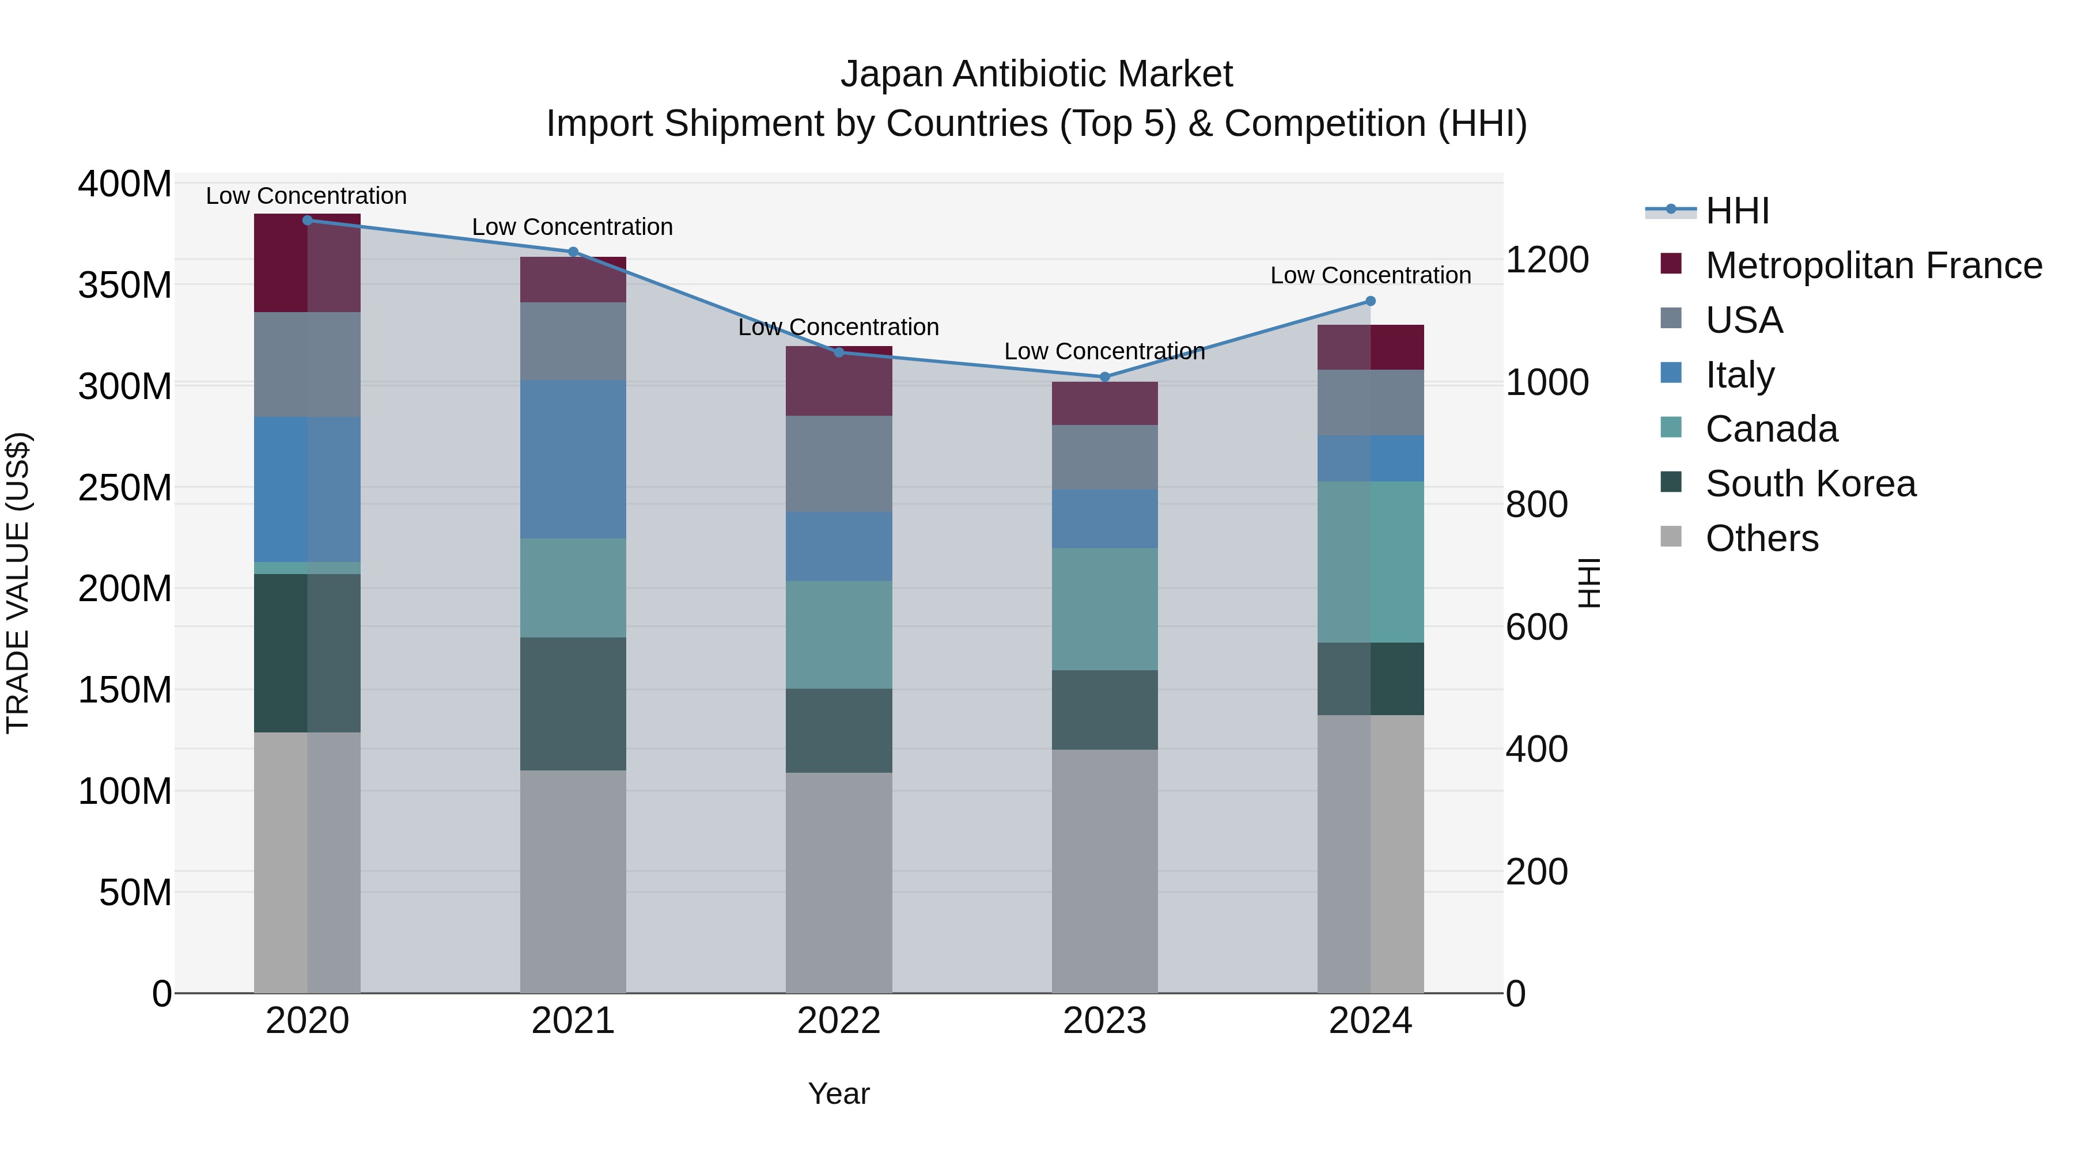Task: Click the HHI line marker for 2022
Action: click(x=838, y=352)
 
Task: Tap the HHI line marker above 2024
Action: click(x=1371, y=301)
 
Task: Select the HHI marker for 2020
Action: click(x=306, y=220)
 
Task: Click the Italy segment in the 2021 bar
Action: click(x=573, y=459)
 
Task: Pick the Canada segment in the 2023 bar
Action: click(x=1104, y=609)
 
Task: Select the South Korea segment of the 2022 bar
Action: click(x=838, y=730)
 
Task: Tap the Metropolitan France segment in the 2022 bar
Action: click(x=838, y=381)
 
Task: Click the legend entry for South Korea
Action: click(x=1810, y=484)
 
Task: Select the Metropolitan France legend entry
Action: click(x=1873, y=265)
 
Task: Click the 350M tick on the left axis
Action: click(x=125, y=285)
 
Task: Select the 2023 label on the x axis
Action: click(x=1104, y=1020)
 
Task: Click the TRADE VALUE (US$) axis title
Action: click(x=18, y=583)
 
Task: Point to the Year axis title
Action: click(x=838, y=1093)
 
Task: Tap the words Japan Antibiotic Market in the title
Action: click(x=1036, y=74)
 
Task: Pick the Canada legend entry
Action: click(x=1772, y=429)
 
